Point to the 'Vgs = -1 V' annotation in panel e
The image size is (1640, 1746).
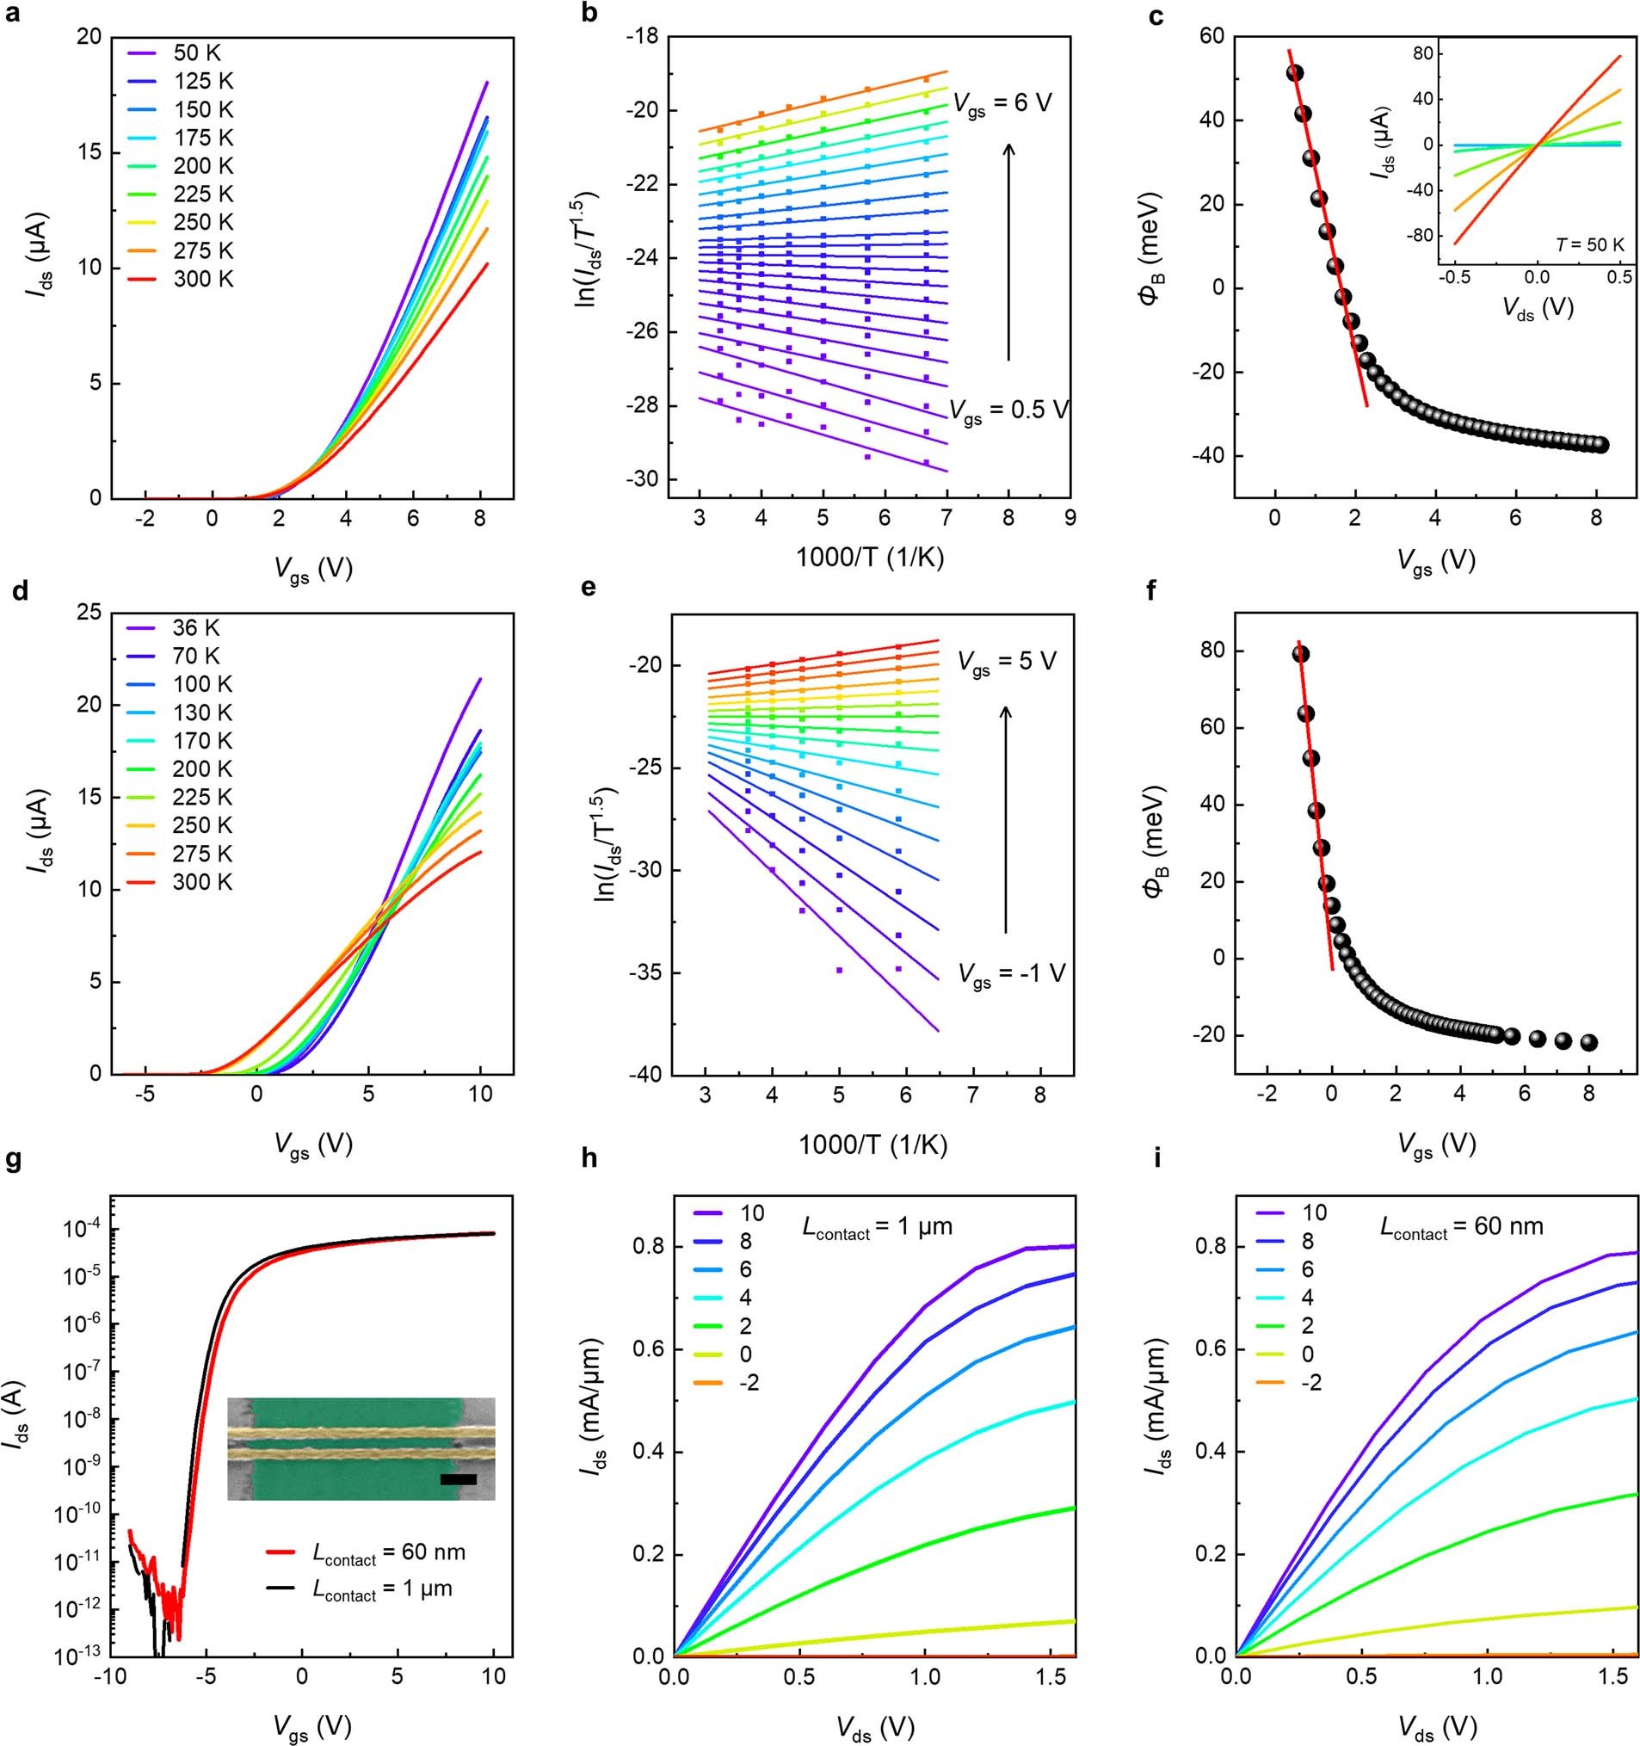1010,975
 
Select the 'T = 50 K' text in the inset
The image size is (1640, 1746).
1590,244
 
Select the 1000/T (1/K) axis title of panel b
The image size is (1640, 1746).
870,558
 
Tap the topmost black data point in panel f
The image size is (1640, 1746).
1301,653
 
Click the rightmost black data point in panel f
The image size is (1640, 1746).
1588,1042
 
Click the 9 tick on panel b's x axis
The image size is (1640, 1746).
1070,518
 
